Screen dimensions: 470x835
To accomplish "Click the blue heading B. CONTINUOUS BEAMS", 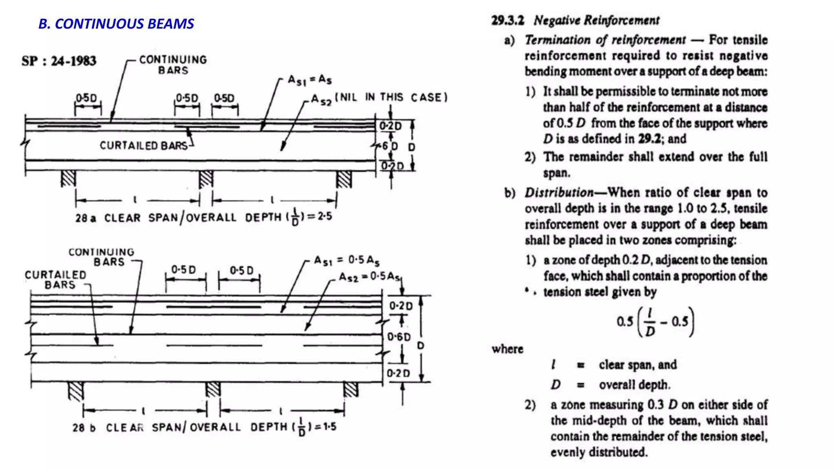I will click(116, 24).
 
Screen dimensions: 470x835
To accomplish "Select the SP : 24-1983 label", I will click(59, 61).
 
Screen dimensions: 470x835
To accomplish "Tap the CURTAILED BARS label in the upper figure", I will click(144, 146).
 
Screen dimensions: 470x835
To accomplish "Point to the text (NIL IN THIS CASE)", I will click(391, 98).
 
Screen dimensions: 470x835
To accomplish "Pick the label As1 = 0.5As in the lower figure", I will click(347, 260).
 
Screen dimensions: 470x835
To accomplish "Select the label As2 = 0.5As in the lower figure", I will click(370, 277).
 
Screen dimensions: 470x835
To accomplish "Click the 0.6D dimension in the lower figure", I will click(399, 337).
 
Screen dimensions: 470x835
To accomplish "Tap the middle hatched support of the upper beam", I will click(206, 179).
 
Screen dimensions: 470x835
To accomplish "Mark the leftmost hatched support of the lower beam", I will click(76, 391).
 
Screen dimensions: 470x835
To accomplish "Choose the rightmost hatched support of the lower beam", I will click(351, 390).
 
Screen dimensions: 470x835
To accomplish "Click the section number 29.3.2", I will click(507, 20).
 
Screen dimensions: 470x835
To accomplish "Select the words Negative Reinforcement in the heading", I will click(596, 20).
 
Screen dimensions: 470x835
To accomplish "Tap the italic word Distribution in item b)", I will click(559, 193).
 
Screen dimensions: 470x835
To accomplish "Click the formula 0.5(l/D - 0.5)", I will click(655, 322).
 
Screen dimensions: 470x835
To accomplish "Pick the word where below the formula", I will click(507, 349).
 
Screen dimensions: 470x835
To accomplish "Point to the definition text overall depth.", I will click(634, 385).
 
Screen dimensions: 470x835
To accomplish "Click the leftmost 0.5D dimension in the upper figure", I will click(87, 98).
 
